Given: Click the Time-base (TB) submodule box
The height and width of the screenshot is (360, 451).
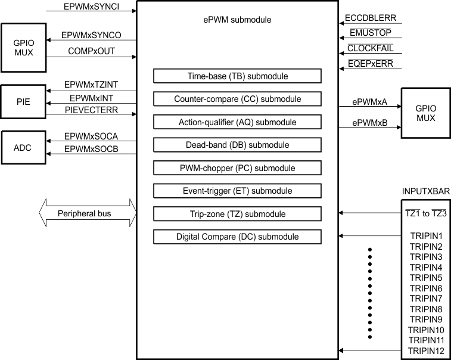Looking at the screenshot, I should pos(237,76).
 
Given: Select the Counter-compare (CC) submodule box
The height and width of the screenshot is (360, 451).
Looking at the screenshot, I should pos(237,99).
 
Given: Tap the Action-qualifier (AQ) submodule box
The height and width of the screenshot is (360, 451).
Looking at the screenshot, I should pos(237,122).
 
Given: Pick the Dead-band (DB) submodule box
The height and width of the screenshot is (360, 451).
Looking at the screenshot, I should pos(237,145).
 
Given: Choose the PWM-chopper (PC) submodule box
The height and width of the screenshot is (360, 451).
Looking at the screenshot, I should pos(237,168).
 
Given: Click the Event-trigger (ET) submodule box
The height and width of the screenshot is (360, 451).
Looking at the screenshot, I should pos(237,191).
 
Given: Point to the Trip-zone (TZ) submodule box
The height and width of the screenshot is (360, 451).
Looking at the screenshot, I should pos(237,214).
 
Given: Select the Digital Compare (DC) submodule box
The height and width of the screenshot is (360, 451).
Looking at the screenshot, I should pos(237,237).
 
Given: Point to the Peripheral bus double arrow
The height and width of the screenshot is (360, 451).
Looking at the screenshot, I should pos(87,213).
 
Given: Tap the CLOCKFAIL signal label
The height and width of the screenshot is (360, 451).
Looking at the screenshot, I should pos(370,48).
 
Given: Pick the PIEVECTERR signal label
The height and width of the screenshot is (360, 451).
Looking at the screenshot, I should pos(91,110).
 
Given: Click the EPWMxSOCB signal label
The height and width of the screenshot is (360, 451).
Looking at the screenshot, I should pos(91,149).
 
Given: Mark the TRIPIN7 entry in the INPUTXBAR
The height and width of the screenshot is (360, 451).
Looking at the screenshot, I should pos(426,298).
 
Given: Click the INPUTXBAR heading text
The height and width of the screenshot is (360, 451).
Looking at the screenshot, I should pos(426,191).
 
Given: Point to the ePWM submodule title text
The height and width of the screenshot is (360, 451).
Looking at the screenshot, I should pos(237,20).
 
